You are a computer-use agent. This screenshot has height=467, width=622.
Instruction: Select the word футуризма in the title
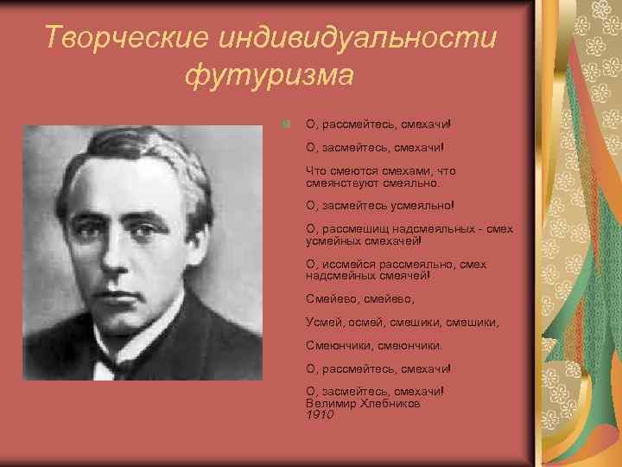269,75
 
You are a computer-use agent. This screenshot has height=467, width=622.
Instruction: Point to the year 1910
319,415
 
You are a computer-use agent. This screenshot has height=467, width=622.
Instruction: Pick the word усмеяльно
420,206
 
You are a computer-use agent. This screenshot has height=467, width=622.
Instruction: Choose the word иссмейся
346,264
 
